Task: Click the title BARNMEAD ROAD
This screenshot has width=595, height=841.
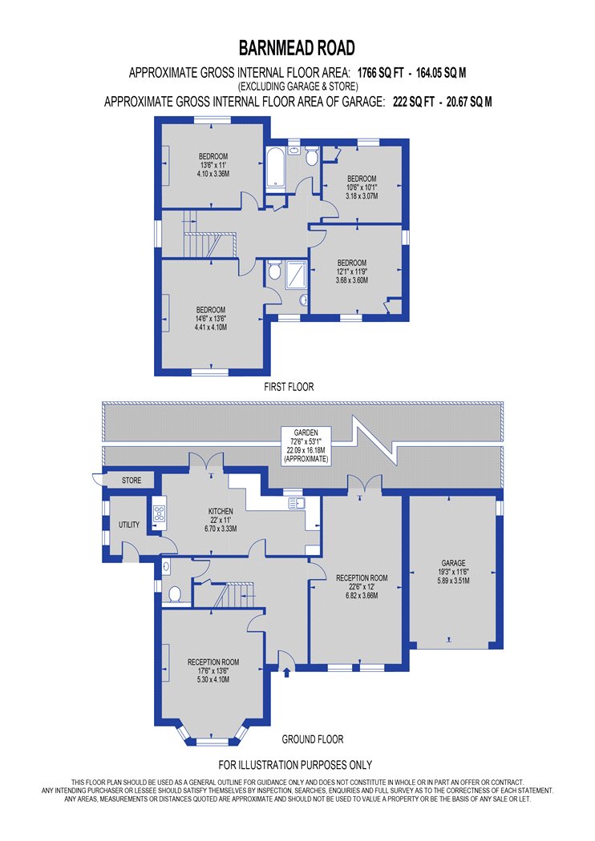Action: tap(297, 48)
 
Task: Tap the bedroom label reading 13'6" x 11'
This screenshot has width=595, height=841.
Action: tap(214, 164)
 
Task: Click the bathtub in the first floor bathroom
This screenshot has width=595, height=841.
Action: tap(275, 168)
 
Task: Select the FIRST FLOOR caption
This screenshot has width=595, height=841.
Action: tap(289, 387)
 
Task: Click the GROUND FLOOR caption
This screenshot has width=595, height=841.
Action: tap(313, 739)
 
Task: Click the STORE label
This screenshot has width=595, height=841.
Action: tap(132, 481)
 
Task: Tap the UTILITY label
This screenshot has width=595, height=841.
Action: tap(129, 525)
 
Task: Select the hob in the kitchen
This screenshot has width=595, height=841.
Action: tap(157, 511)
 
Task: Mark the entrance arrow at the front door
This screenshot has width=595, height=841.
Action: tap(287, 673)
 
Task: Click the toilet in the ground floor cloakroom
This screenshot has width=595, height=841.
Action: tap(174, 594)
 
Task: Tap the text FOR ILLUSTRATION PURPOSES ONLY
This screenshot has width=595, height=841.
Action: tap(296, 765)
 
